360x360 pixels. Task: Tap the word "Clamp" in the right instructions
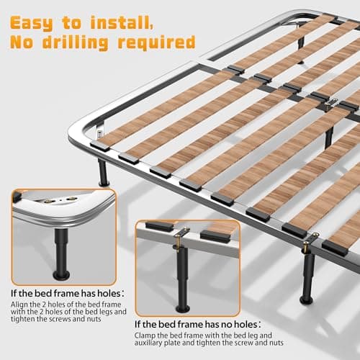click(x=148, y=336)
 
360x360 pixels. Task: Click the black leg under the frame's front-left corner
click(x=103, y=171)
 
